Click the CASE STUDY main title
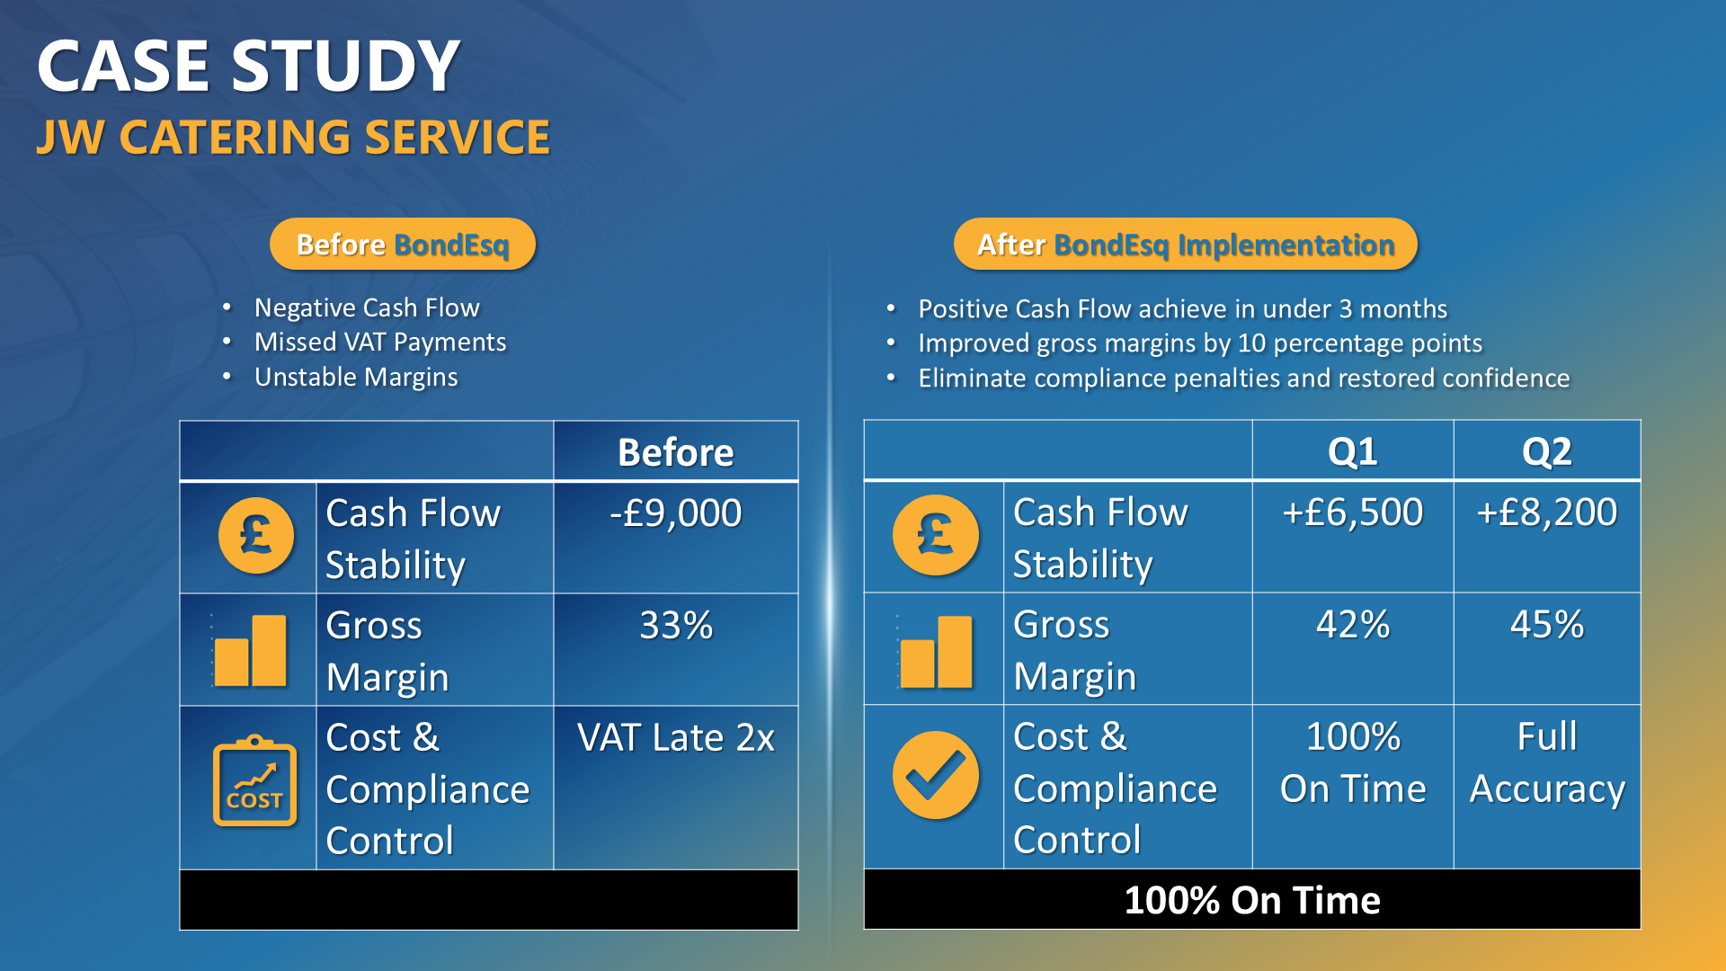tap(248, 67)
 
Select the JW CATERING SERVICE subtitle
tap(293, 138)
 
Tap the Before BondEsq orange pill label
tap(403, 245)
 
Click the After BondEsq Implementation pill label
tap(1185, 245)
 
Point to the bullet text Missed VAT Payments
tap(379, 343)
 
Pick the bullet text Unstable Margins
tap(356, 377)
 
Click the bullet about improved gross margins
tap(1199, 343)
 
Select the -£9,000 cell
tap(675, 513)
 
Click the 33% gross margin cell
tap(675, 626)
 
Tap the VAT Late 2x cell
tap(675, 738)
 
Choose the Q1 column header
tap(1352, 451)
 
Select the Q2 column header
tap(1546, 451)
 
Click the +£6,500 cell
tap(1352, 512)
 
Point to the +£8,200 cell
tap(1546, 512)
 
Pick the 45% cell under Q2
tap(1546, 625)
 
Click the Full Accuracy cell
tap(1546, 762)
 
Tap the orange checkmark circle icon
tap(935, 775)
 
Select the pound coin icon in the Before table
tap(256, 536)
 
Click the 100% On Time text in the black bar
tap(1251, 900)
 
